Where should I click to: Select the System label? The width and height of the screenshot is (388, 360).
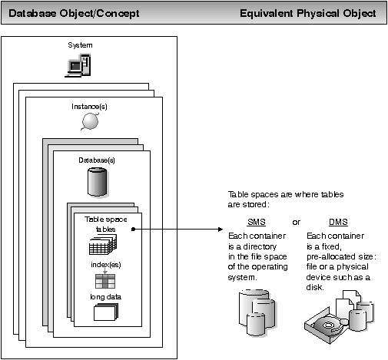[x=80, y=46]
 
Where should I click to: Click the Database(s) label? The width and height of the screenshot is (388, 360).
[x=98, y=160]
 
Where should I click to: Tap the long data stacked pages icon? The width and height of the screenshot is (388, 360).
[x=104, y=312]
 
